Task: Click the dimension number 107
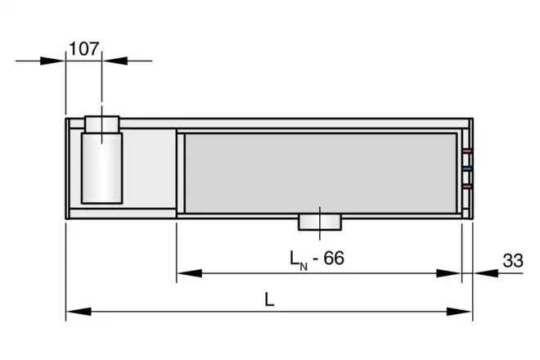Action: tap(84, 48)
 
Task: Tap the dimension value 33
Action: tap(513, 260)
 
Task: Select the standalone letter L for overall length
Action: tap(269, 299)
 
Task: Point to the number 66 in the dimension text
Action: tap(334, 258)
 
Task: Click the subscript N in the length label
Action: tap(304, 267)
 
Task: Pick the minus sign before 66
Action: tap(315, 259)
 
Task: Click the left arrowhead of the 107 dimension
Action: tap(52, 61)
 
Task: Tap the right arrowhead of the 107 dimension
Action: tap(115, 61)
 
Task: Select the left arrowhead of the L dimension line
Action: tap(79, 312)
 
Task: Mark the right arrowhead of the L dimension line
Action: tap(460, 312)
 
